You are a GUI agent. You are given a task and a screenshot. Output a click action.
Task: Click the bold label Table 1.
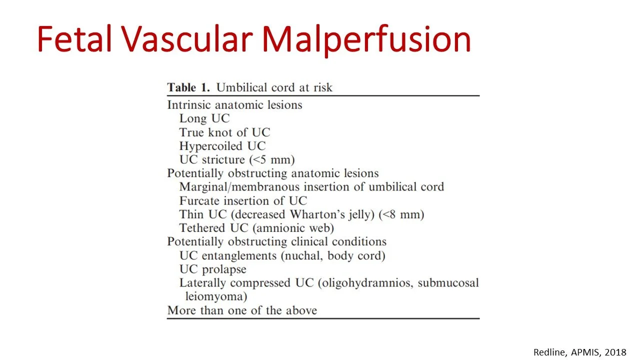pyautogui.click(x=189, y=87)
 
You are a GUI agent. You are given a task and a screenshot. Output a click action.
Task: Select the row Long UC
pyautogui.click(x=204, y=118)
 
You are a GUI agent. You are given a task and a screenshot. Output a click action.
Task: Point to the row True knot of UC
pyautogui.click(x=224, y=132)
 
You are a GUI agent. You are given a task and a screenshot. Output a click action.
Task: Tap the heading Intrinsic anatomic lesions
pyautogui.click(x=234, y=105)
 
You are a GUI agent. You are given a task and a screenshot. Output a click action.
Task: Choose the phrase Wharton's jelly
pyautogui.click(x=336, y=214)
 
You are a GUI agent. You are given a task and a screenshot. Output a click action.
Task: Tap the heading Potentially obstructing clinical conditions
pyautogui.click(x=276, y=242)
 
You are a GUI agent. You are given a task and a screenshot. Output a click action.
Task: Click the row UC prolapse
pyautogui.click(x=212, y=269)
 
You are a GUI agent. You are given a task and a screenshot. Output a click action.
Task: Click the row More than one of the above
pyautogui.click(x=242, y=310)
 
